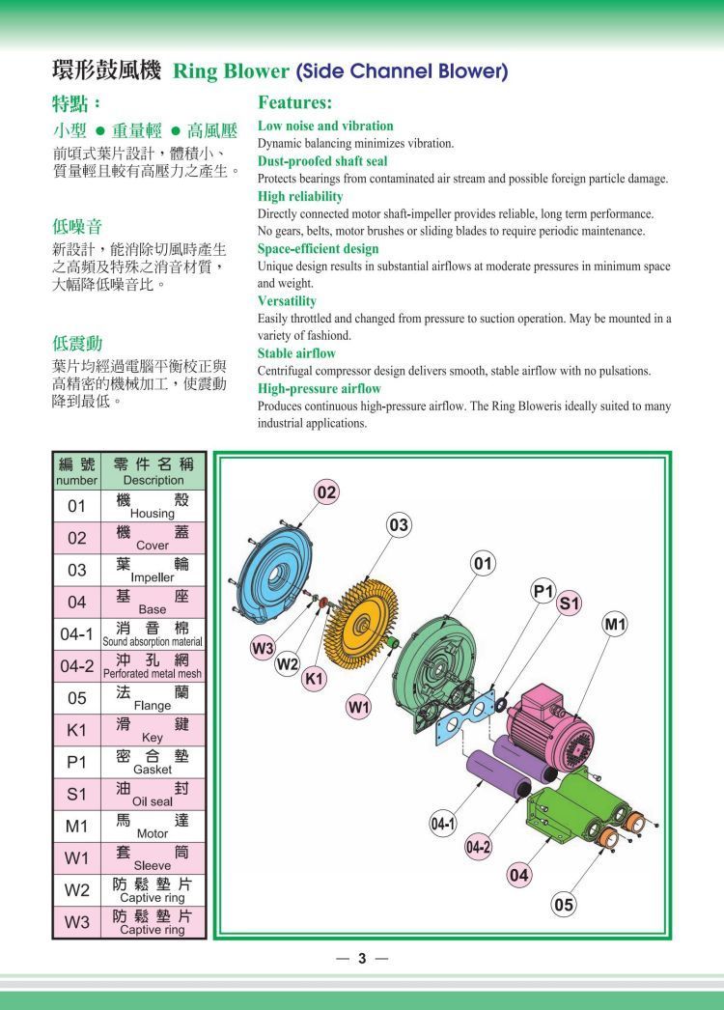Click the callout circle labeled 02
[x=327, y=492]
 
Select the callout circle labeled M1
[x=615, y=625]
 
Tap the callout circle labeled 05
[x=565, y=905]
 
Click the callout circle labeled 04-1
[x=443, y=825]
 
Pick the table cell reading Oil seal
[x=153, y=795]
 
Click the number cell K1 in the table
[x=76, y=730]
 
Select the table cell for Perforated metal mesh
[x=153, y=666]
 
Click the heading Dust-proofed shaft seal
[x=322, y=161]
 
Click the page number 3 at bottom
[x=362, y=959]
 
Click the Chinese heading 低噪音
[x=77, y=227]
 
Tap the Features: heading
[x=295, y=101]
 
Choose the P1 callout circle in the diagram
[x=543, y=591]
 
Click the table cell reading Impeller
[x=153, y=570]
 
